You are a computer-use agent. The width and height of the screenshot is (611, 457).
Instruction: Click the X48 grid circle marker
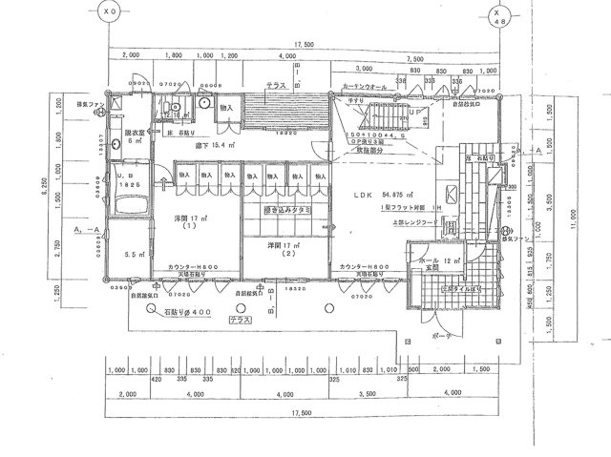[x=496, y=16]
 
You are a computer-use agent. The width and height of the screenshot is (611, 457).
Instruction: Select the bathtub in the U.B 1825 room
[x=129, y=202]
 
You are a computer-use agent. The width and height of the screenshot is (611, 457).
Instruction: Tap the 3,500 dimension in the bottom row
[x=367, y=393]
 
